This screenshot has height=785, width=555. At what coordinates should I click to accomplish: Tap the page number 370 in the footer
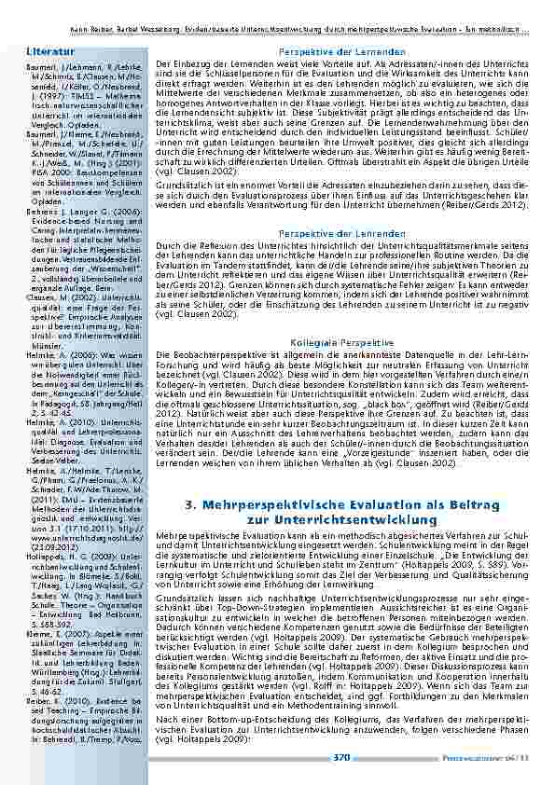click(x=341, y=757)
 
